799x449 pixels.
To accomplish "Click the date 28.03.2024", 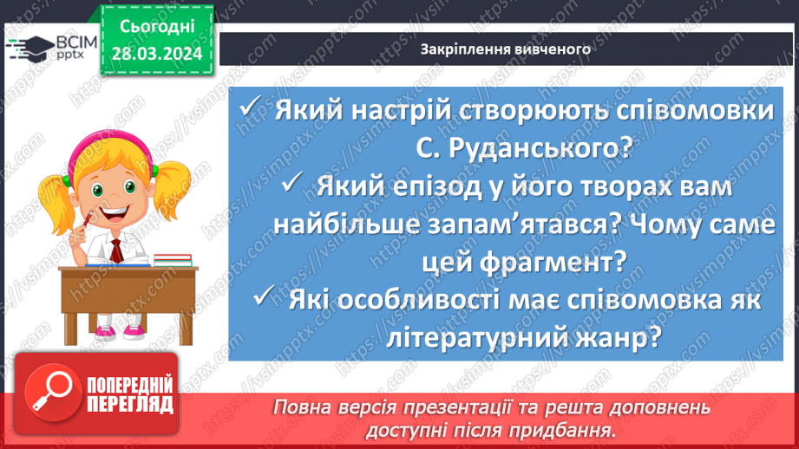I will point(156,53).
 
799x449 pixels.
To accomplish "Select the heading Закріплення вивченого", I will point(505,49).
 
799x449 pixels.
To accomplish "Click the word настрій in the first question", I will point(403,112).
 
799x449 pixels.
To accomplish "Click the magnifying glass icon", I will point(47,400).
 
